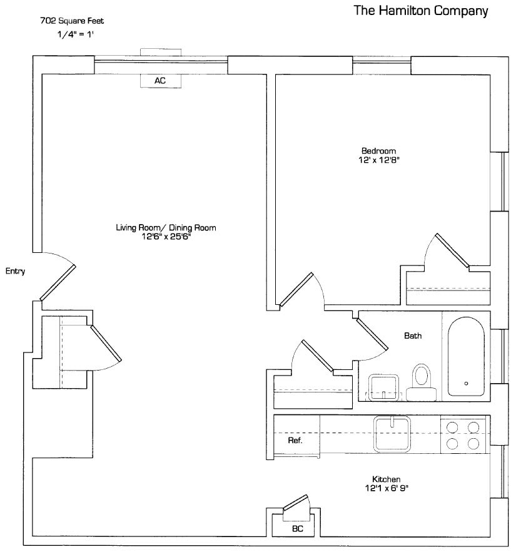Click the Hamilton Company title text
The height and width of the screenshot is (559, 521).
420,11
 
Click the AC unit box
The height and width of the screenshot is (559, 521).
160,81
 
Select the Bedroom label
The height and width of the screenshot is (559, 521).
379,151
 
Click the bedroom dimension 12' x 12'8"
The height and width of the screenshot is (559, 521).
379,160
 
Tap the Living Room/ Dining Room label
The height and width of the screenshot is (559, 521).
166,228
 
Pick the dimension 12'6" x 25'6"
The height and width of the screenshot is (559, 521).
166,237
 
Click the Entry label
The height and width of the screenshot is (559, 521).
15,271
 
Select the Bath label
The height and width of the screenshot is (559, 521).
413,336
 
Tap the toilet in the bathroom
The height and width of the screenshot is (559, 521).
422,379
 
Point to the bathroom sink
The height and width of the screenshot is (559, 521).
383,386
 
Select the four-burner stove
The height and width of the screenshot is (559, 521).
463,435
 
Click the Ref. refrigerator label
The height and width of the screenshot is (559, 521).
295,441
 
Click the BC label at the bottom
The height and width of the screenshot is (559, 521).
298,528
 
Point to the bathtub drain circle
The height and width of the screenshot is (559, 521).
466,383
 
